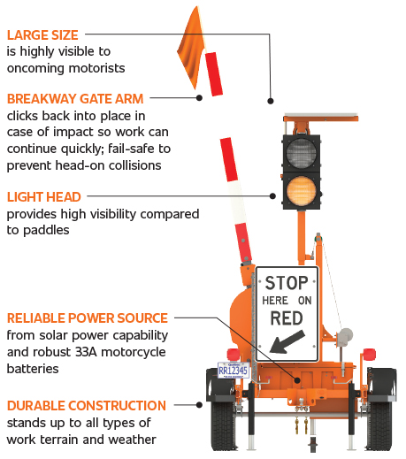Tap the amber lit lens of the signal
click(303, 191)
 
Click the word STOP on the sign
click(286, 284)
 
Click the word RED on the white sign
click(286, 317)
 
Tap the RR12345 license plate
click(232, 371)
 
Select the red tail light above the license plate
click(233, 354)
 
